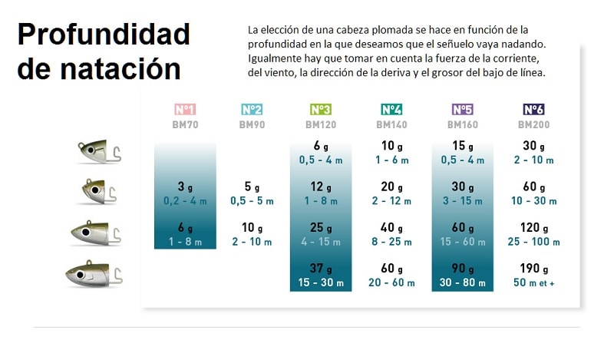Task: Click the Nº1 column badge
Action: (x=186, y=109)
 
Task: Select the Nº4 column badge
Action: (x=391, y=109)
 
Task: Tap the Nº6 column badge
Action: (x=533, y=109)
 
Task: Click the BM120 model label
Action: (x=321, y=124)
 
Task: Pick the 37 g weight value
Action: (x=321, y=269)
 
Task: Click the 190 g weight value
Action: (x=533, y=269)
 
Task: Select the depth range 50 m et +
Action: (x=533, y=282)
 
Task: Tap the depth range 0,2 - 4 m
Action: (x=186, y=200)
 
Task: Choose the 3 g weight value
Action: (x=186, y=187)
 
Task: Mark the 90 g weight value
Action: (x=462, y=269)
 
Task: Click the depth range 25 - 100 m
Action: (x=533, y=241)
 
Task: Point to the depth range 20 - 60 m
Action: (x=391, y=282)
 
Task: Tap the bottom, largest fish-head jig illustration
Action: (x=95, y=272)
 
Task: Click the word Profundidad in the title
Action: (x=103, y=35)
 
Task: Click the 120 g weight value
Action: (x=533, y=227)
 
